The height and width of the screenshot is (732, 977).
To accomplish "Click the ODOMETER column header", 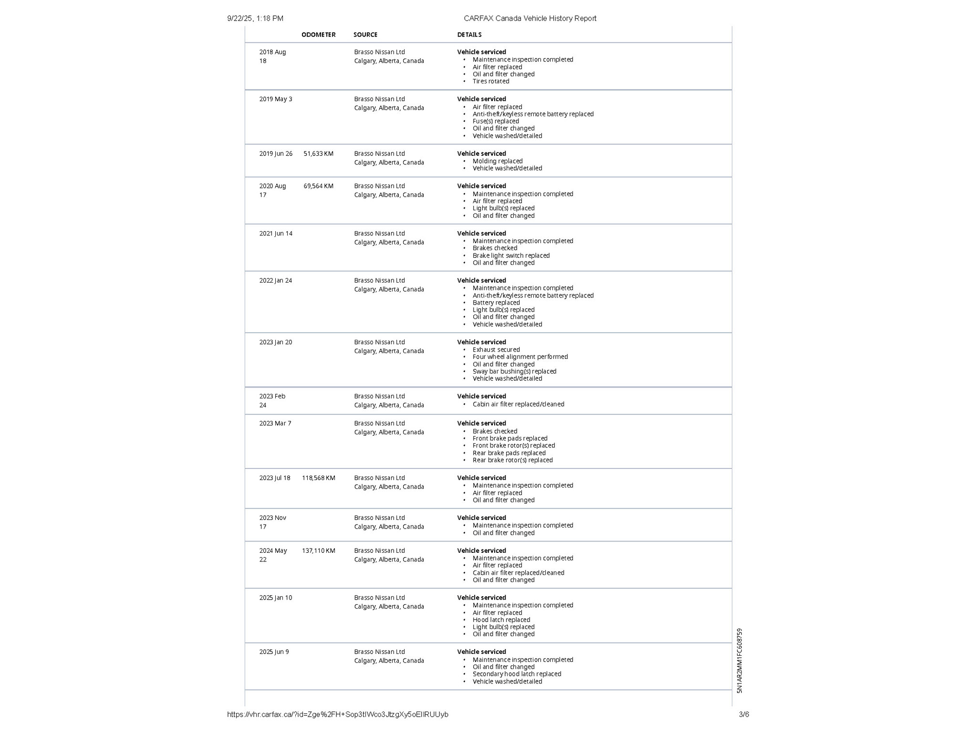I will (318, 35).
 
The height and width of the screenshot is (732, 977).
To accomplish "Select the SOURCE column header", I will (365, 35).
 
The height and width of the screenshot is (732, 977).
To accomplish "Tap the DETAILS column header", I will (469, 35).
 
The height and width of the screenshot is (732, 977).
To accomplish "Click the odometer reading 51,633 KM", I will (318, 153).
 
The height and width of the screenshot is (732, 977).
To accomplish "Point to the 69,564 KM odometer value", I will (318, 186).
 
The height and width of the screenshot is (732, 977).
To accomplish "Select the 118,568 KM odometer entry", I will (318, 478).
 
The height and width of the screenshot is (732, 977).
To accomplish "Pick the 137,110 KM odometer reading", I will (318, 550).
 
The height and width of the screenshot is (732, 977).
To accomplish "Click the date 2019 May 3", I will (275, 99).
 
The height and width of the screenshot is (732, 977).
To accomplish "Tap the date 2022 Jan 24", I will (275, 280).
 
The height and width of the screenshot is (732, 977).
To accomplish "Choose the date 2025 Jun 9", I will (274, 651).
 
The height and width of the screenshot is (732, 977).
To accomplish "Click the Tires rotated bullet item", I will (490, 81).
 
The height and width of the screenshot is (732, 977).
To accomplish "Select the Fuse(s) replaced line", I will (495, 121).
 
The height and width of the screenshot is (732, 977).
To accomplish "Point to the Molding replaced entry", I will (497, 161).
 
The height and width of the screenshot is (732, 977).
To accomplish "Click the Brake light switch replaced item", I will (510, 255).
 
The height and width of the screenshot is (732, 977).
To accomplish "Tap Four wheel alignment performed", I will (520, 356).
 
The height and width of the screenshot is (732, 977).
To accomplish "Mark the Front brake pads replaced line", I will (509, 438).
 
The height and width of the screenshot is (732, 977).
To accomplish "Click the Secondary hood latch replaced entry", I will (516, 674).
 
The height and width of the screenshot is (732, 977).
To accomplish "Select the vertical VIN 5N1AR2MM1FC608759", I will (739, 661).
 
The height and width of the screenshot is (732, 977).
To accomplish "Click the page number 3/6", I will (744, 714).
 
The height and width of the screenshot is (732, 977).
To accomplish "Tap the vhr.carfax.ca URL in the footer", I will (337, 714).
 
